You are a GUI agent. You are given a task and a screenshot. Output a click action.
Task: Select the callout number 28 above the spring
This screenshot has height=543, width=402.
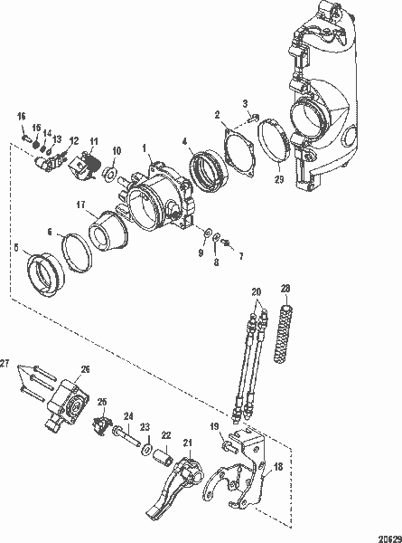tap(286, 290)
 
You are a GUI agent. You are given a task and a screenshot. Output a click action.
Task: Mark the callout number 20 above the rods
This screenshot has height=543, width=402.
tap(256, 291)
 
